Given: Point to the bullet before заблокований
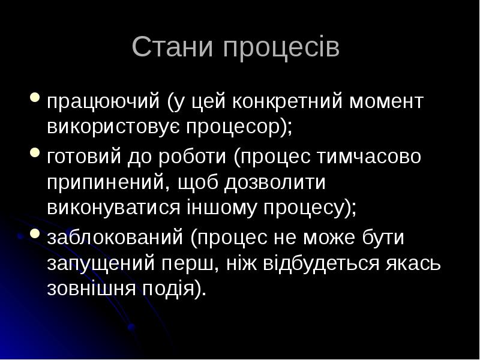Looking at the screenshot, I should pyautogui.click(x=35, y=233).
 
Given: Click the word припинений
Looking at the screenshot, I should pyautogui.click(x=108, y=182).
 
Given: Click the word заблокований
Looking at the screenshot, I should pyautogui.click(x=115, y=237).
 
